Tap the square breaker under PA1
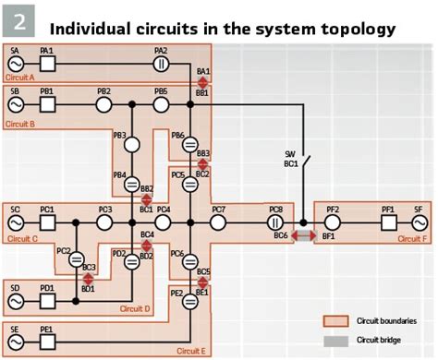point(47,65)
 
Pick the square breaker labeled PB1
point(47,106)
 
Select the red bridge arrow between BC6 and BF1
point(303,236)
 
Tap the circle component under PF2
point(332,222)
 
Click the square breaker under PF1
point(389,222)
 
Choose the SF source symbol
point(417,222)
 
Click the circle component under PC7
point(219,222)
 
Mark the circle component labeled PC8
point(275,222)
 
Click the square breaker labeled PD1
point(47,301)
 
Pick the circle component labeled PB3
point(132,145)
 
